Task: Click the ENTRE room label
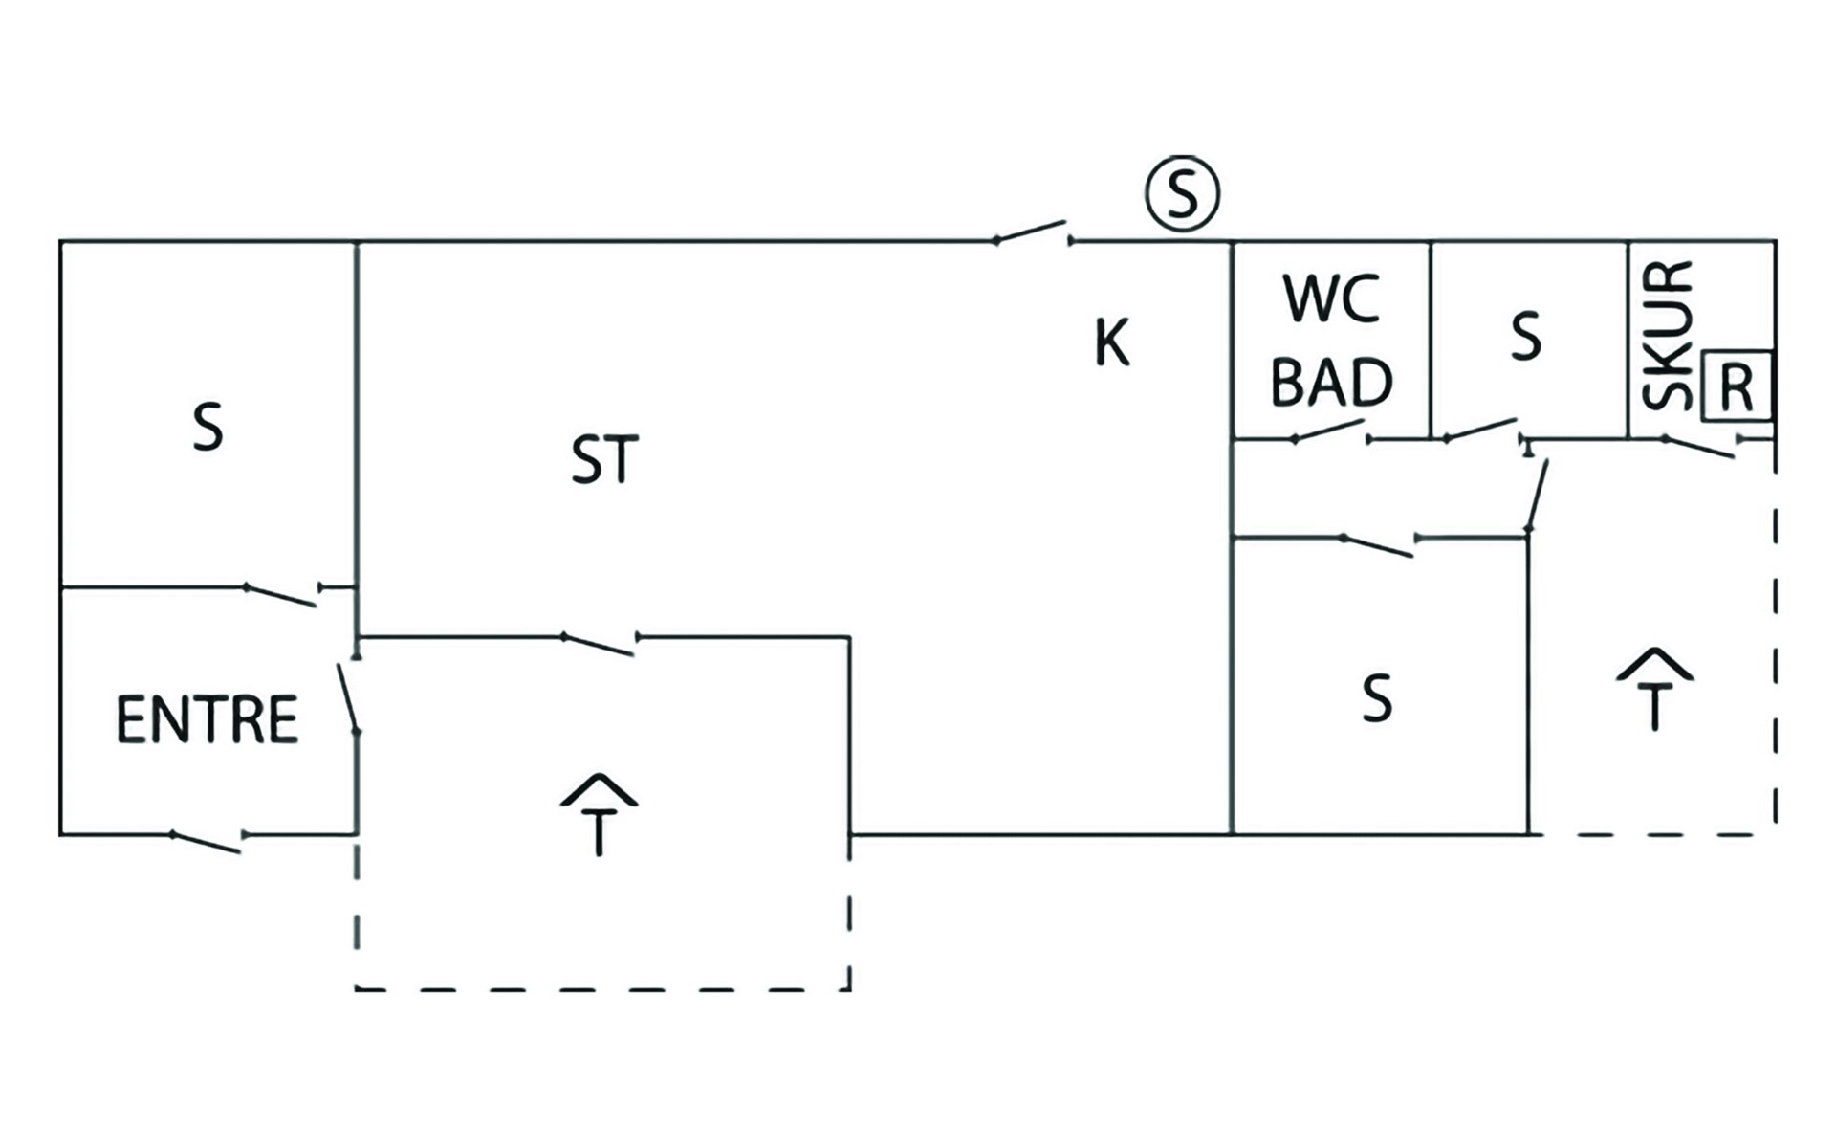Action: click(207, 720)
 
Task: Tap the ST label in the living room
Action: click(604, 460)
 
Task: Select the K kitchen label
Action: click(1112, 342)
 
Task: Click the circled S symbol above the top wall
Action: click(1182, 194)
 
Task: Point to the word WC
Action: click(1332, 299)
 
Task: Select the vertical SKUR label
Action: click(1668, 335)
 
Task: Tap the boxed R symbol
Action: click(1737, 387)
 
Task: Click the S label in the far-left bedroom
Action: click(208, 428)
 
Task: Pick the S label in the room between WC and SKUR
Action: click(1526, 337)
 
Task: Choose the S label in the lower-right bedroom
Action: click(1377, 699)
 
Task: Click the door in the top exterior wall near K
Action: click(1033, 232)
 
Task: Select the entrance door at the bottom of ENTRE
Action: click(207, 842)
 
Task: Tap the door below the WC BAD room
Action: click(1331, 432)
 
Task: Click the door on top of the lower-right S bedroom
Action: click(1379, 545)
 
